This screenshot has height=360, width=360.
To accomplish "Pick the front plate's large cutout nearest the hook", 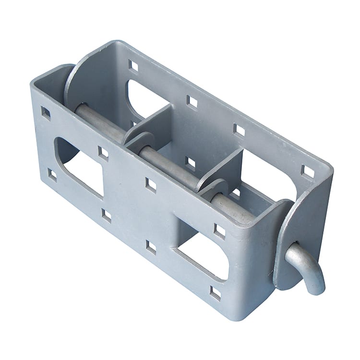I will click(x=204, y=254).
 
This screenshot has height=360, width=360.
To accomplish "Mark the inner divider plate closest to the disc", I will click(x=154, y=120).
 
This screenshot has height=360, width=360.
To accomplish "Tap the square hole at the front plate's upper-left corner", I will click(x=46, y=113).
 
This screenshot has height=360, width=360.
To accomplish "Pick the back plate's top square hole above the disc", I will click(x=133, y=66).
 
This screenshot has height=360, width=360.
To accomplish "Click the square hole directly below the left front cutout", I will click(x=106, y=216).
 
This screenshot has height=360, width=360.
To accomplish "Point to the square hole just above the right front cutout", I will click(x=219, y=231).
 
